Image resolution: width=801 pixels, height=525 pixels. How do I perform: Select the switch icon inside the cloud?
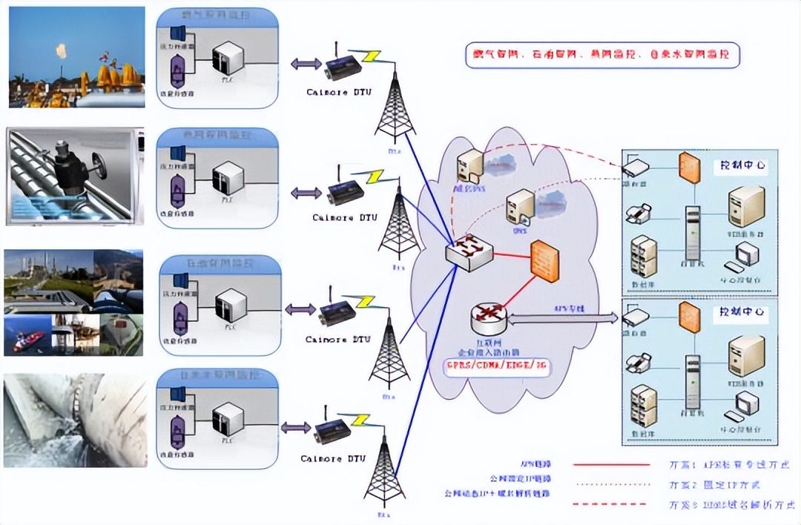tap(467, 253)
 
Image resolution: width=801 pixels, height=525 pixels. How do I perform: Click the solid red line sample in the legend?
tap(611, 464)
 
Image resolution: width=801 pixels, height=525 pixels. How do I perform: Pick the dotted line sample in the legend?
tap(611, 484)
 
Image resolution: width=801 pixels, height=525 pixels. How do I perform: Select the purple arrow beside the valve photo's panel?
tap(305, 193)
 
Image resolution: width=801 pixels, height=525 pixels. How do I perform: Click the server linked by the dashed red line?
tap(470, 165)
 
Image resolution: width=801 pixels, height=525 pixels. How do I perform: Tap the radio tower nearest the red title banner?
tap(393, 104)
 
